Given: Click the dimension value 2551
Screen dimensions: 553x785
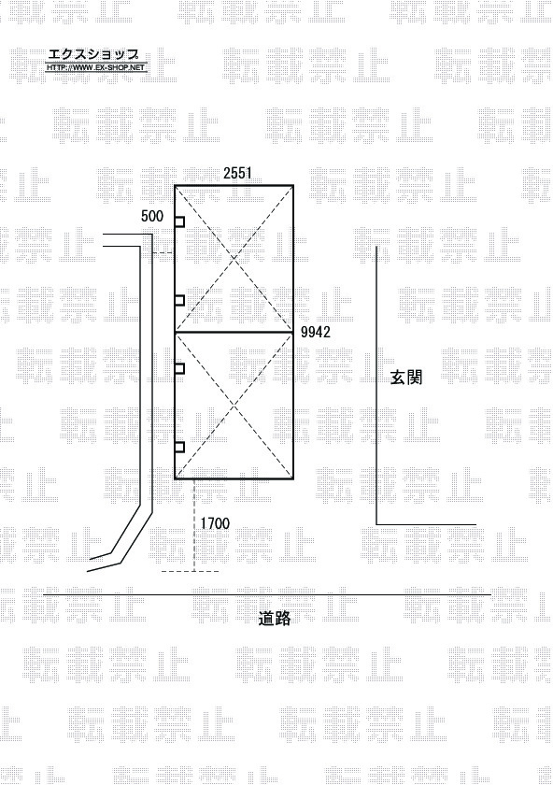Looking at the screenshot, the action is pyautogui.click(x=237, y=173).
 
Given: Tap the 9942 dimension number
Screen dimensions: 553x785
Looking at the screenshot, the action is pyautogui.click(x=316, y=332).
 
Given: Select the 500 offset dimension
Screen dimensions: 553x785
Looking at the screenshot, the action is pyautogui.click(x=152, y=216).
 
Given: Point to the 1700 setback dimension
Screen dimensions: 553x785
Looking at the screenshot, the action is pyautogui.click(x=215, y=523).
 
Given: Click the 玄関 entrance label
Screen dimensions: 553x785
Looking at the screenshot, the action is pyautogui.click(x=405, y=378).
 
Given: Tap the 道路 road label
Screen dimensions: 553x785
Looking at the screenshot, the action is pyautogui.click(x=275, y=619).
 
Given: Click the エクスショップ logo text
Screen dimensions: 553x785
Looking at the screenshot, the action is pyautogui.click(x=93, y=54).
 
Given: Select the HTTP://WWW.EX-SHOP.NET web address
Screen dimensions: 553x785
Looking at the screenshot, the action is pyautogui.click(x=96, y=67).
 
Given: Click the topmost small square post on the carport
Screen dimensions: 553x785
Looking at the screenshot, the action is pyautogui.click(x=179, y=221).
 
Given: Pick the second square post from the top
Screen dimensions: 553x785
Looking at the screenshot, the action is pyautogui.click(x=179, y=300).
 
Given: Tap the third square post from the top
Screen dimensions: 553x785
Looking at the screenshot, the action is pyautogui.click(x=179, y=368).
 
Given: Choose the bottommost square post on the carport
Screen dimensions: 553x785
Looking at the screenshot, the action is pyautogui.click(x=179, y=447).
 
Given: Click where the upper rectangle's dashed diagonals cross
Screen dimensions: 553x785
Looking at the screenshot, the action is pyautogui.click(x=234, y=259).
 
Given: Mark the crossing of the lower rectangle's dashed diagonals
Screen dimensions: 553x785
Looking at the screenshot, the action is pyautogui.click(x=234, y=405).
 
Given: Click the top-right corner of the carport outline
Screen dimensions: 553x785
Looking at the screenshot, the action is pyautogui.click(x=292, y=186).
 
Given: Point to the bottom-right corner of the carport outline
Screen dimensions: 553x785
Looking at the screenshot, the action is pyautogui.click(x=292, y=478).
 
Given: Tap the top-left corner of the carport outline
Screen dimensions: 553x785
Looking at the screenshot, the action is pyautogui.click(x=175, y=186).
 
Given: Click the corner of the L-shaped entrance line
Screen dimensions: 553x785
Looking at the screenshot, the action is pyautogui.click(x=376, y=524).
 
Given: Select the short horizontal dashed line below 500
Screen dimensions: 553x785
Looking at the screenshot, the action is pyautogui.click(x=163, y=253).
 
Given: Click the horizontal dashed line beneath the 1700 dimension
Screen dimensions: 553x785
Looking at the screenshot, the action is pyautogui.click(x=191, y=571).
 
